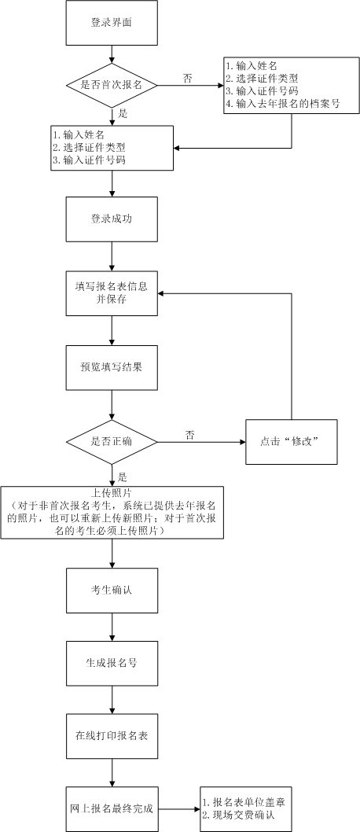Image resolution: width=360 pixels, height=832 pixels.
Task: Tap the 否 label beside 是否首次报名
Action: pos(187,78)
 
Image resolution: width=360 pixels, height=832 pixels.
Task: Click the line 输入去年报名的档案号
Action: pos(282,104)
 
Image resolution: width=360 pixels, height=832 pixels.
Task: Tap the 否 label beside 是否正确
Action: pos(190,435)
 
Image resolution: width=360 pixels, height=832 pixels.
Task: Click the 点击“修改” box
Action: pos(292,442)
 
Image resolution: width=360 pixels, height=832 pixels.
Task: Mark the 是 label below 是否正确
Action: pos(122,477)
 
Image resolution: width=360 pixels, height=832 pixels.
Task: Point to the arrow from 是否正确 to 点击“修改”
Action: pos(202,442)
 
